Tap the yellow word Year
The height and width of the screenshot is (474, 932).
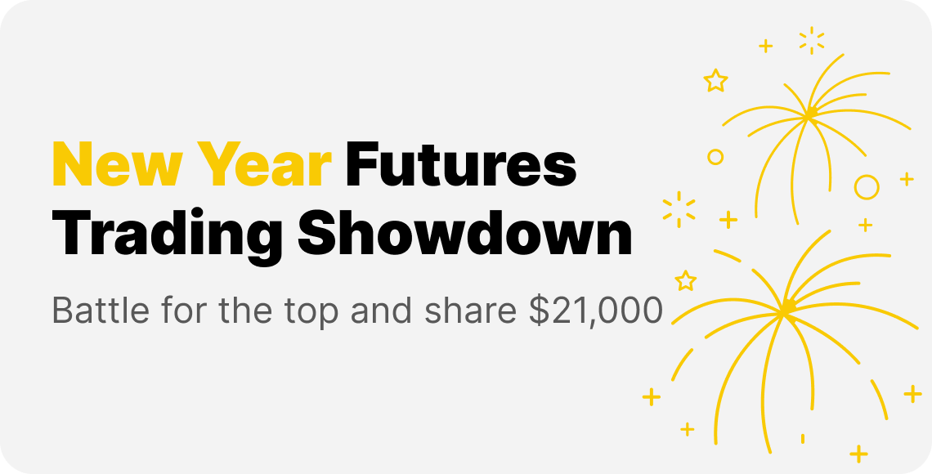265,164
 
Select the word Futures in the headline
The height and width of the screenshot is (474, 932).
461,164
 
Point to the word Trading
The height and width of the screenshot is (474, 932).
167,235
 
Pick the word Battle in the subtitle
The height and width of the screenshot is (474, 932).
101,310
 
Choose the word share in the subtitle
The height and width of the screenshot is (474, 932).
471,310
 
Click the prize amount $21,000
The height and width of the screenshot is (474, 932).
595,311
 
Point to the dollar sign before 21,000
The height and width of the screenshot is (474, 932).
539,311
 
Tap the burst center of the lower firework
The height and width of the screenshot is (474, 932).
786,309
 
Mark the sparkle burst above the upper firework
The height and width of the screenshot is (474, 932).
812,40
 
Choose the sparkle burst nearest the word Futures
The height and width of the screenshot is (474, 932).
679,209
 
